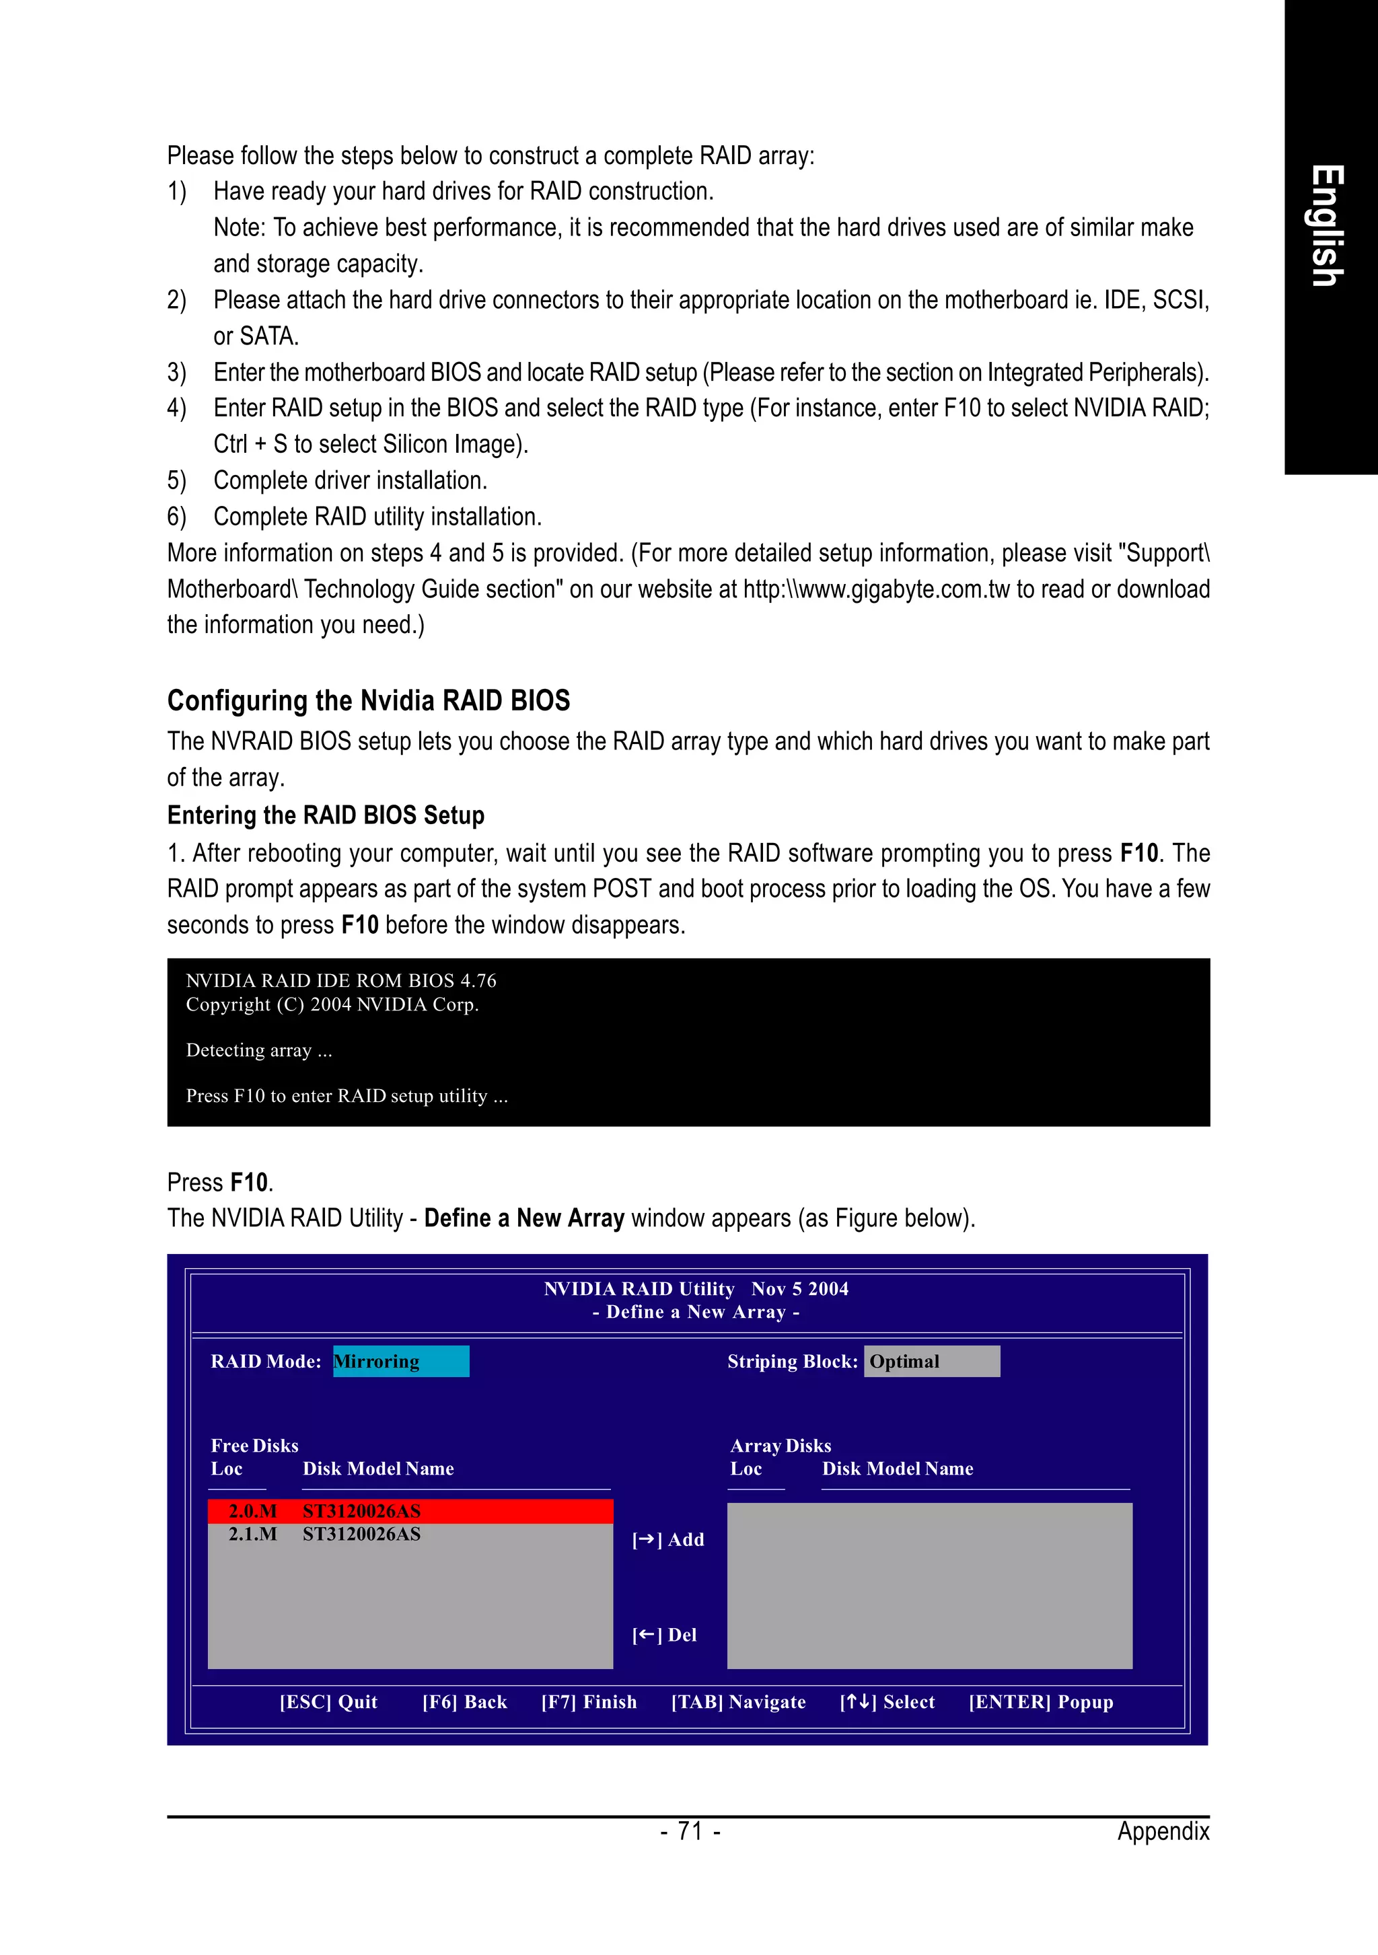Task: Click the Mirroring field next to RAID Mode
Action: click(400, 1361)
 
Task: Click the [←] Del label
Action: click(664, 1635)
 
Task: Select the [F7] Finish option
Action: click(589, 1701)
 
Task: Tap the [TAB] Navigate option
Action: click(737, 1701)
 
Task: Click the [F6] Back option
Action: click(464, 1701)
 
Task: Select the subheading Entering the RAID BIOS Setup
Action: click(326, 815)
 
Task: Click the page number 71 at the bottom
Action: click(690, 1831)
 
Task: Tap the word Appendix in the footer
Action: click(1163, 1831)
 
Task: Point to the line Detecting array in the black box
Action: click(259, 1050)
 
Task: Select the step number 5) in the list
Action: click(176, 480)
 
